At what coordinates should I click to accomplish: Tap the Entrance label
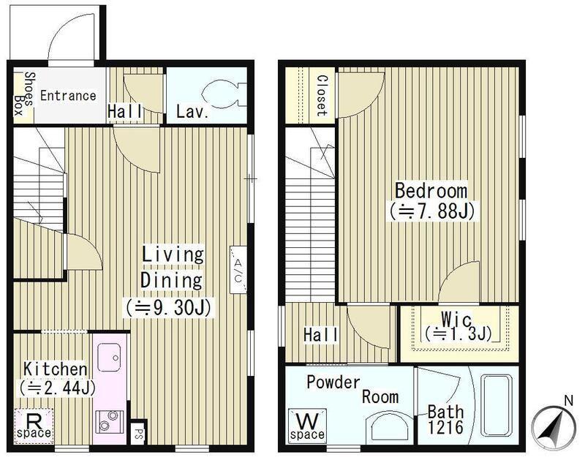[x=68, y=96]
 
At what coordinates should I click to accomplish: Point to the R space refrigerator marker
[x=34, y=426]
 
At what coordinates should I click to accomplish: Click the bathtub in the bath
[x=496, y=405]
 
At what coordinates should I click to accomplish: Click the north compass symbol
[x=554, y=427]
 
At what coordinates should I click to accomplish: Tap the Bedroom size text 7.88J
[x=431, y=211]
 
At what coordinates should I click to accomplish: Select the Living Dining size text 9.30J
[x=169, y=308]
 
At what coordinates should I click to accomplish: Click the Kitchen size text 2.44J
[x=58, y=388]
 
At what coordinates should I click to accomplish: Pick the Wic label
[x=456, y=320]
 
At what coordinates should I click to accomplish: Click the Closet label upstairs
[x=322, y=96]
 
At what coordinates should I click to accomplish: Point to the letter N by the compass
[x=569, y=401]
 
